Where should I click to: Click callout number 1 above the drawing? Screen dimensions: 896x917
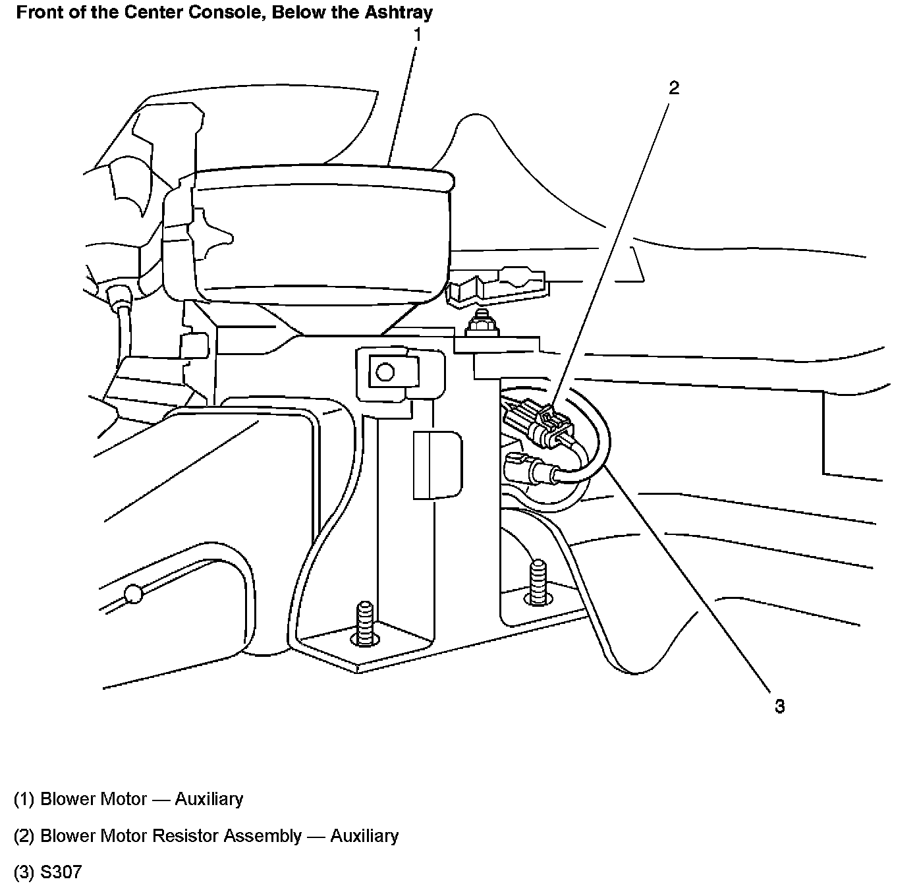click(416, 34)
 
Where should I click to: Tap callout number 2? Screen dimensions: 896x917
click(673, 88)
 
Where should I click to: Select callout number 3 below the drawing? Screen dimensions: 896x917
click(779, 707)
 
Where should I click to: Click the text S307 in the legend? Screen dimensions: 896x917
click(61, 872)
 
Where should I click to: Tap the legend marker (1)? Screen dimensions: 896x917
click(24, 799)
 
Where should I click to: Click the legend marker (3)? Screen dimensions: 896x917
click(24, 872)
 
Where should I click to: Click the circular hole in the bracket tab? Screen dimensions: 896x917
click(384, 373)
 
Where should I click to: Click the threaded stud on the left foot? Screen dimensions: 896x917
click(362, 623)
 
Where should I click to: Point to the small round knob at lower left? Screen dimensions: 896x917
click(133, 594)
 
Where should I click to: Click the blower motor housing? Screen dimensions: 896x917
click(323, 231)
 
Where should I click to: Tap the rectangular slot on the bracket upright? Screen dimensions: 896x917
click(436, 465)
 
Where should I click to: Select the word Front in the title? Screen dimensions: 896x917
click(36, 12)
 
